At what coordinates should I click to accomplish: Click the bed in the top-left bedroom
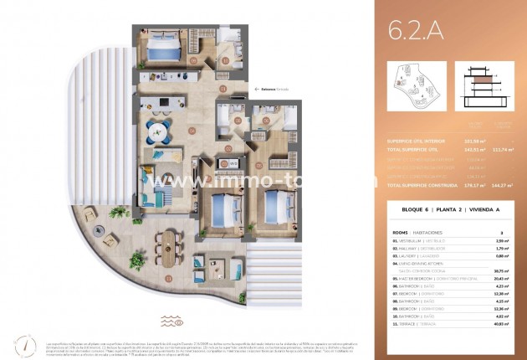(161, 49)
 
